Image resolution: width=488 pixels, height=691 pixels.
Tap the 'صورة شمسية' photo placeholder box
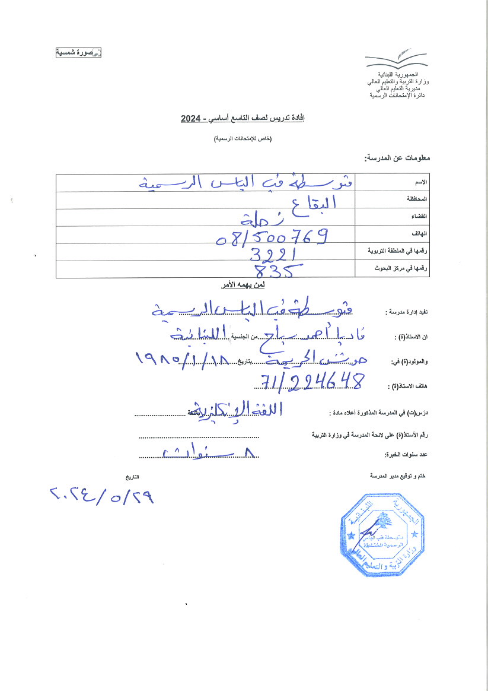point(79,53)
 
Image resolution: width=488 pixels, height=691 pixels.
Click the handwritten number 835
point(276,271)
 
